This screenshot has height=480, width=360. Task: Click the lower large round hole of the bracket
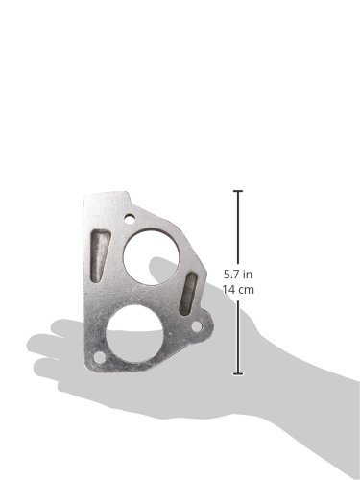coord(134,333)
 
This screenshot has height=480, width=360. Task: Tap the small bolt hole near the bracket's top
coord(130,220)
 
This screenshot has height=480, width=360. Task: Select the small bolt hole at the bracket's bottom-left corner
coord(100,357)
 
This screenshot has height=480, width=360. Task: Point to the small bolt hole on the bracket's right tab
coord(197,326)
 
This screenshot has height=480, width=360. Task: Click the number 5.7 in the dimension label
coord(231,275)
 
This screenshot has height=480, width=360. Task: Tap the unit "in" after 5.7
coord(248,275)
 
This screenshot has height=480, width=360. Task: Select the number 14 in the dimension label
coord(229,290)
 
